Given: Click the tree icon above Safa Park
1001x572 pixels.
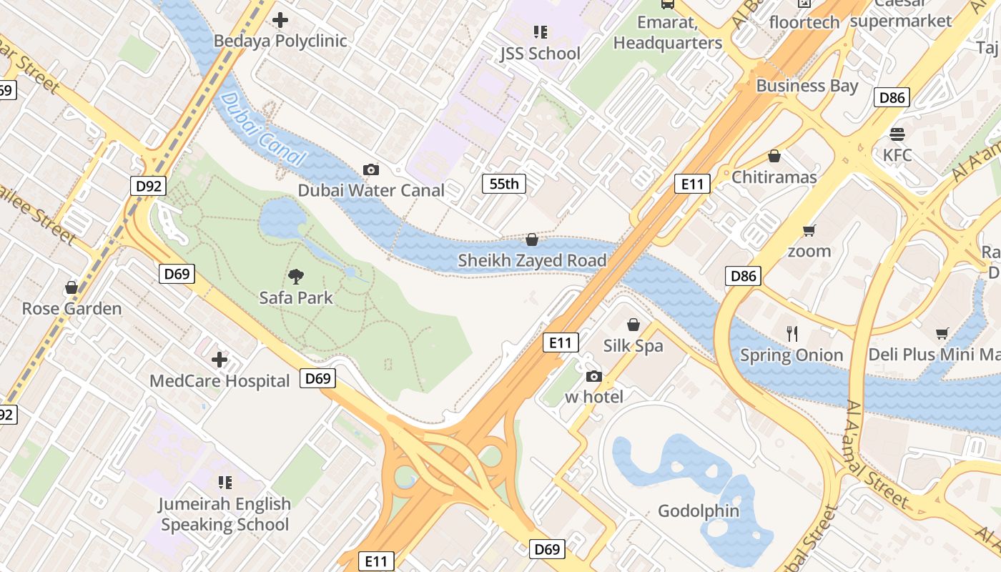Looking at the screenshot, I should click(x=296, y=277).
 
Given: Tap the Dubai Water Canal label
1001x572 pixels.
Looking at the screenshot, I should click(x=371, y=190).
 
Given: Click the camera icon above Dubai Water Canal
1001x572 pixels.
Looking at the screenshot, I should click(x=371, y=169).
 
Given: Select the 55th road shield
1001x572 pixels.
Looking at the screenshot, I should click(x=503, y=184).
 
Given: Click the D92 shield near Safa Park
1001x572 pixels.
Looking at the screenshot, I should click(x=149, y=187).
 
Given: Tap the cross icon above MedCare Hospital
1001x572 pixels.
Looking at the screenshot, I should click(x=220, y=360).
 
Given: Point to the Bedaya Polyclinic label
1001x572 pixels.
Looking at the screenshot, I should click(x=280, y=41).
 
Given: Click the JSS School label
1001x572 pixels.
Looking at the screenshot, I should click(x=540, y=54).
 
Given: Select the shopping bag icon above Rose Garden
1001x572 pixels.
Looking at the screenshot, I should click(x=71, y=287).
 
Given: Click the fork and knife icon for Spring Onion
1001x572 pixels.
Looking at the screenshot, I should click(x=792, y=334).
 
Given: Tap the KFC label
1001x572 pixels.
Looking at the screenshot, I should click(x=897, y=155).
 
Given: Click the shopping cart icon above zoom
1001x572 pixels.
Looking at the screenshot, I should click(x=809, y=230).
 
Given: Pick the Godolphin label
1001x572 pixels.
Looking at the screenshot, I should click(x=698, y=511).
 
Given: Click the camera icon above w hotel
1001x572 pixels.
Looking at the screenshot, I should click(x=593, y=376).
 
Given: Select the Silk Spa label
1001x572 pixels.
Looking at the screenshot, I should click(x=633, y=346).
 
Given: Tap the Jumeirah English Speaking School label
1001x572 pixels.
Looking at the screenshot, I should click(x=225, y=514).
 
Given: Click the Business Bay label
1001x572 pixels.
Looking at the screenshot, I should click(x=807, y=86).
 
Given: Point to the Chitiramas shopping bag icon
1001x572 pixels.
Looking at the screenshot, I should click(x=774, y=156).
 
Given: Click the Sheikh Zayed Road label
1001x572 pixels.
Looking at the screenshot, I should click(x=532, y=260).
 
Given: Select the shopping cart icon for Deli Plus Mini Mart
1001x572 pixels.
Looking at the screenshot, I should click(x=942, y=333).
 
